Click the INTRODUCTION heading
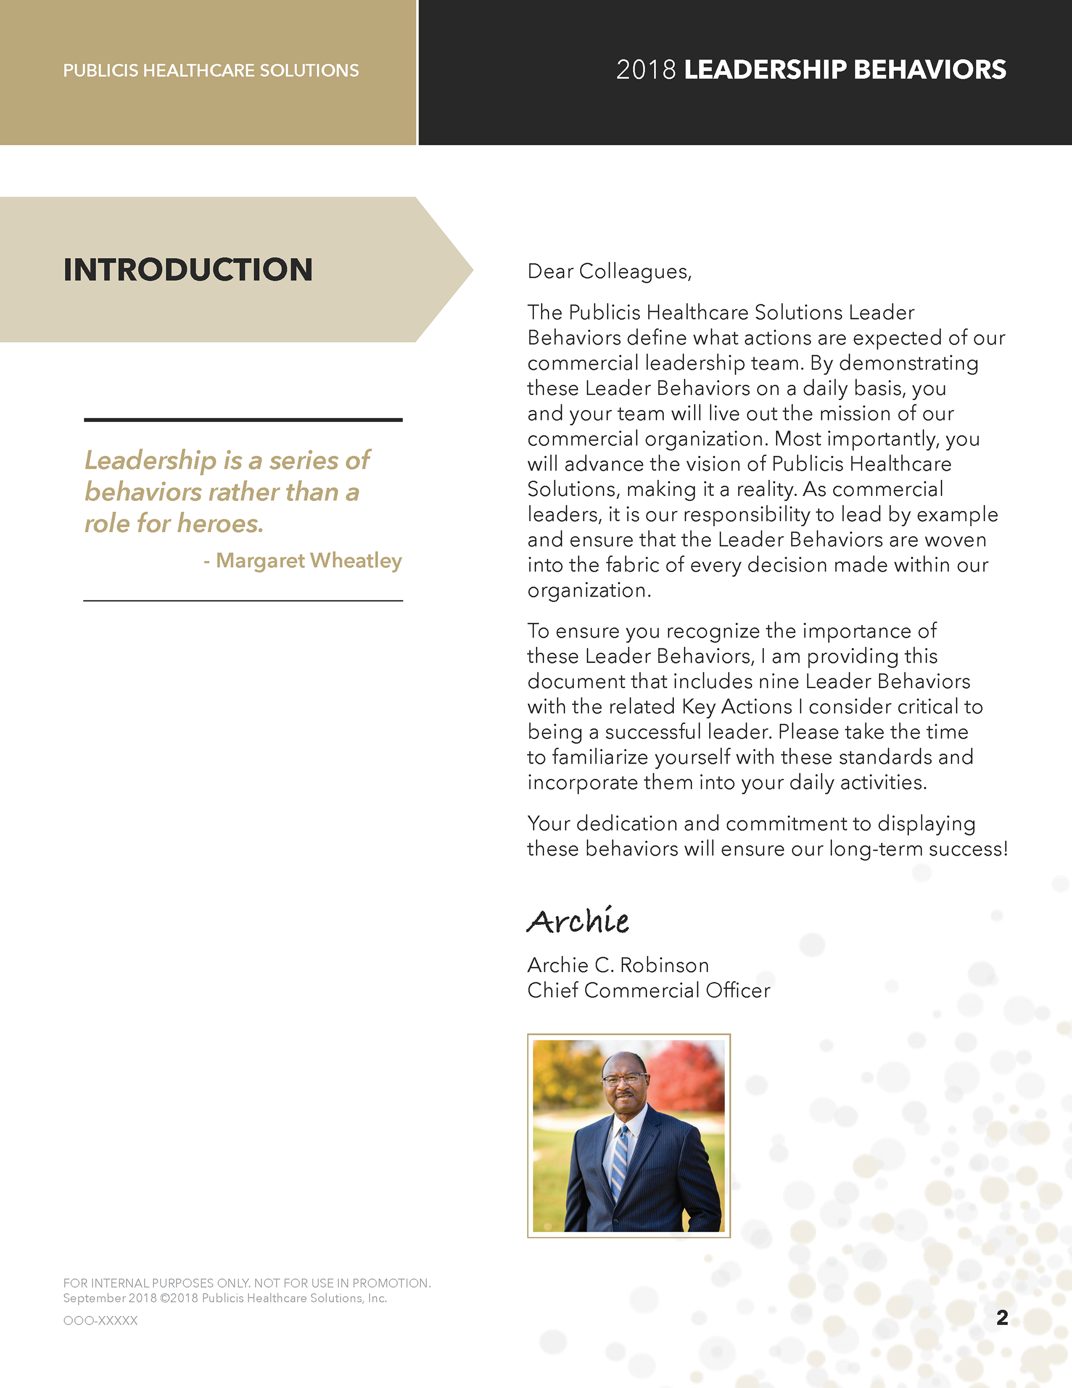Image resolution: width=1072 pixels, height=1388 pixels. click(188, 269)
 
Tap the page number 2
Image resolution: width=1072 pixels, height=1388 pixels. click(1002, 1318)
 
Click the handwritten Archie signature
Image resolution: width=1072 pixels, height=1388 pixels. click(578, 921)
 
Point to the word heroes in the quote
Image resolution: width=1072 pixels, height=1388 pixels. click(220, 524)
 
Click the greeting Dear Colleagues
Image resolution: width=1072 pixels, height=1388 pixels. click(609, 271)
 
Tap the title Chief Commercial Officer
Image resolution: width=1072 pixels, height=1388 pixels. click(648, 990)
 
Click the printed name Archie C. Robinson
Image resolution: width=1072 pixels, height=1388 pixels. click(618, 965)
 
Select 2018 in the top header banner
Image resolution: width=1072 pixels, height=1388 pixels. click(645, 70)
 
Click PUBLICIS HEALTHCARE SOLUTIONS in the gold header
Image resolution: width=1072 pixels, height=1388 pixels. click(211, 70)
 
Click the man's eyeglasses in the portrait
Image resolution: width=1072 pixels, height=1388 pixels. click(624, 1078)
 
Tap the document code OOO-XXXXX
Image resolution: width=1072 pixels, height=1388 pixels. click(100, 1320)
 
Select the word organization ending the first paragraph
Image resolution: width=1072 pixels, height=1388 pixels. click(588, 590)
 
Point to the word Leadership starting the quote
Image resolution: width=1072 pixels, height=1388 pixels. click(151, 461)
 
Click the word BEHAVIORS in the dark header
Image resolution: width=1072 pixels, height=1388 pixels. click(930, 70)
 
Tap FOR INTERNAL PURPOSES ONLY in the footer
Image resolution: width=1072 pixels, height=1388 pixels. click(156, 1283)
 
